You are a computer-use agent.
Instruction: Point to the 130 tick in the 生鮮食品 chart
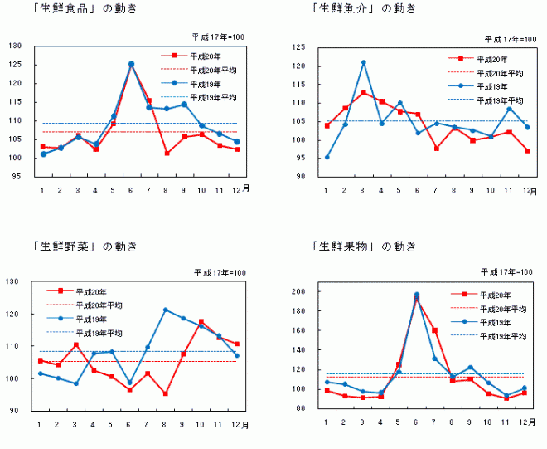[x=15, y=45]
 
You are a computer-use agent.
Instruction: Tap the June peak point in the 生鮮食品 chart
[x=131, y=64]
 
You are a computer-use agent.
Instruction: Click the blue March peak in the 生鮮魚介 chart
[x=363, y=63]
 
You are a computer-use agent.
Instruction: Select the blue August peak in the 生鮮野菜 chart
[x=165, y=310]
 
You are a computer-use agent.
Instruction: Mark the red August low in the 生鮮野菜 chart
[x=165, y=393]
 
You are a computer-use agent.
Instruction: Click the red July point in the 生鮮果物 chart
[x=434, y=330]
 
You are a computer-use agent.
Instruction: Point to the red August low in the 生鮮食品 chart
[x=167, y=153]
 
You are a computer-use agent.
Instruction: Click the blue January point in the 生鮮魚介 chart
[x=327, y=157]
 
